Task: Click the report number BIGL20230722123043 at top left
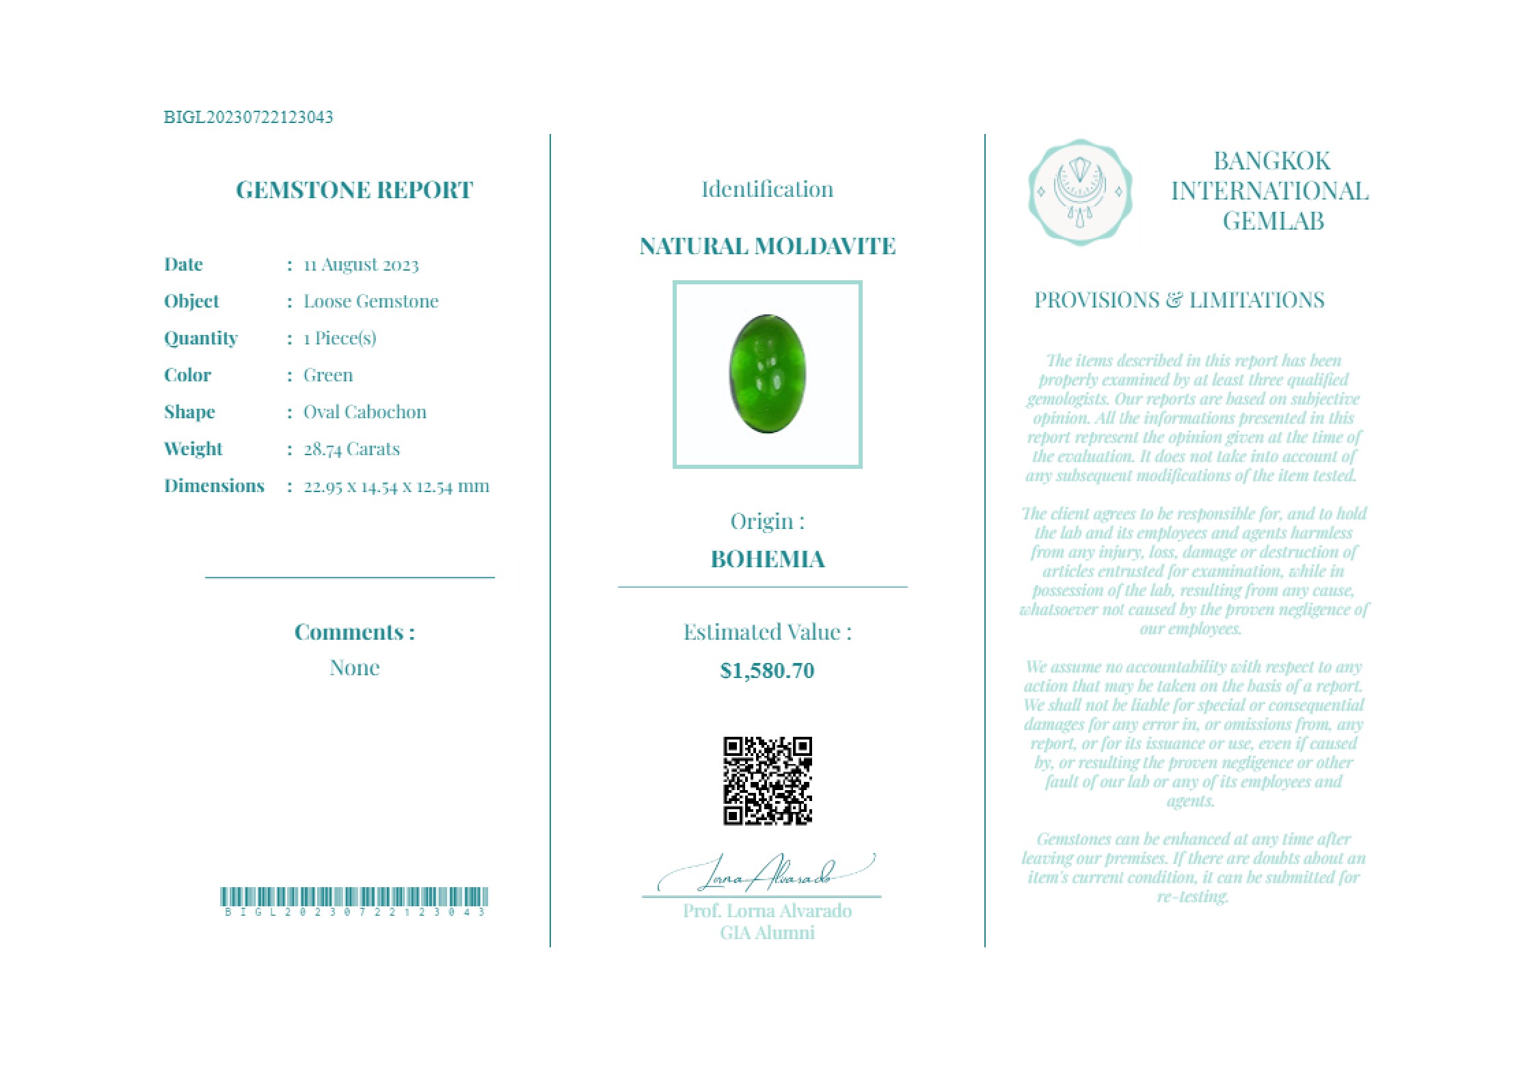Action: (248, 117)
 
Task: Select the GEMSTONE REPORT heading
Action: (354, 189)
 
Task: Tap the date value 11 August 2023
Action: (361, 265)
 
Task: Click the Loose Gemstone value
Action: (370, 301)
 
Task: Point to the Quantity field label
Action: (200, 338)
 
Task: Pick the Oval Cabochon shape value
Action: (364, 412)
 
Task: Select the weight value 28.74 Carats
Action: (351, 449)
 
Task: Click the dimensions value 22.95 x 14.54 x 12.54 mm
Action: (396, 486)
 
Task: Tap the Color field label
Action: (187, 375)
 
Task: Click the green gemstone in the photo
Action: (767, 373)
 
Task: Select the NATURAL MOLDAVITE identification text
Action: (767, 246)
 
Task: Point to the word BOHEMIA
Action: (767, 559)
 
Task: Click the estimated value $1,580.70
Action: (767, 670)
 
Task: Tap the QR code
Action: (767, 781)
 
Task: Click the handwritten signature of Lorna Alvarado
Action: (766, 874)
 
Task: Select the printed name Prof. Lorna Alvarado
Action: (767, 911)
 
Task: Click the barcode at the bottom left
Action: (354, 897)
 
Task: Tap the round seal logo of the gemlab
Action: (1080, 193)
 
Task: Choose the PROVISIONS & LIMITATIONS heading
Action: (1178, 300)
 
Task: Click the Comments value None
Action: (354, 668)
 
